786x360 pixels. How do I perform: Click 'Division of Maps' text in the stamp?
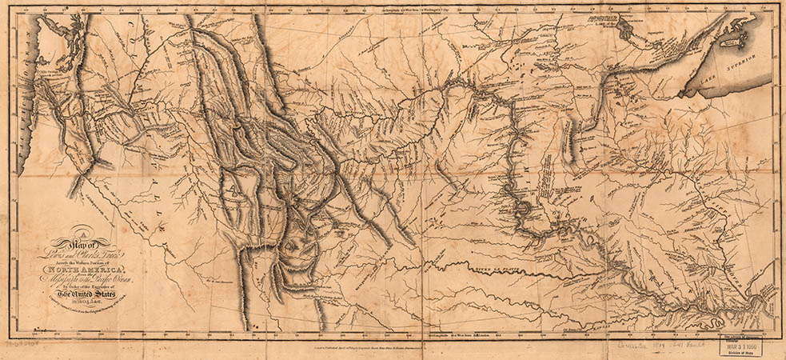coord(740,354)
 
